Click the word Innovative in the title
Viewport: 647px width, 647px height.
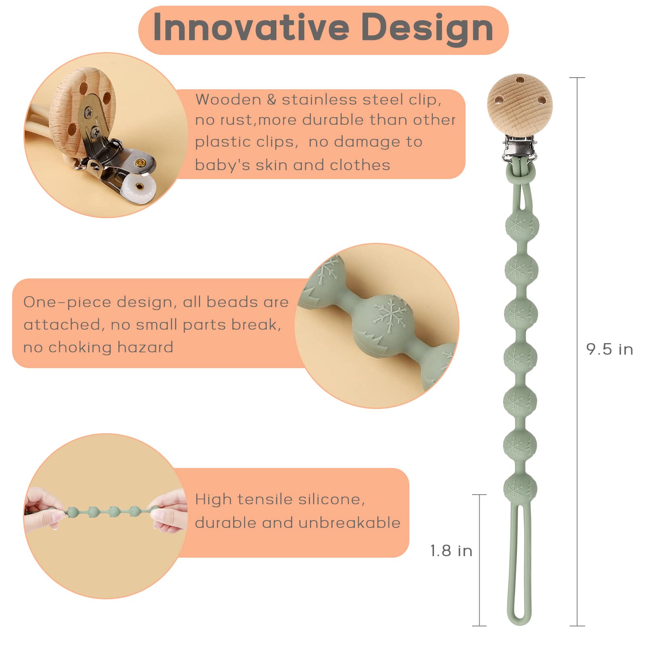point(251,27)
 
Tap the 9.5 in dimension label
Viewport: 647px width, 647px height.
point(610,350)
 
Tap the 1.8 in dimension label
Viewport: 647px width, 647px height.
point(451,550)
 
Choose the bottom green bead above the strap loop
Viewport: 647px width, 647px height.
point(521,488)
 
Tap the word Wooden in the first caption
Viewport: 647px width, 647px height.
point(228,99)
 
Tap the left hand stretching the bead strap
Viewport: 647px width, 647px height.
point(44,510)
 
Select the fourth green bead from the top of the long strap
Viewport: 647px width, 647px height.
point(521,357)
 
